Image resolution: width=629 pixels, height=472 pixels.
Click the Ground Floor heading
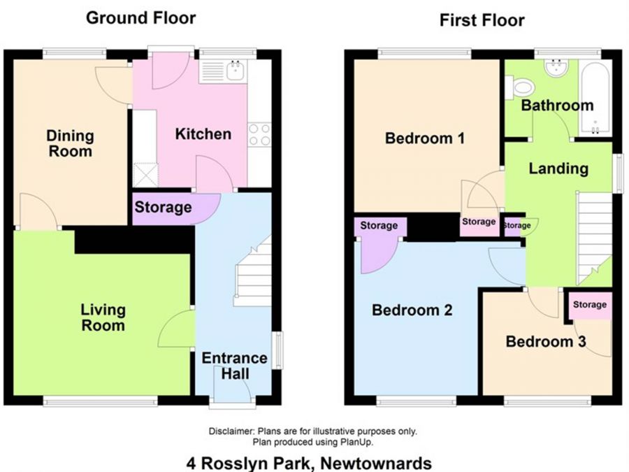(140, 18)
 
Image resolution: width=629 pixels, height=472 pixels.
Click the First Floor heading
(482, 20)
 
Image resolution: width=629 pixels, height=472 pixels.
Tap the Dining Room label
(70, 143)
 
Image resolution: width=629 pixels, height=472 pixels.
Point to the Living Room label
(103, 317)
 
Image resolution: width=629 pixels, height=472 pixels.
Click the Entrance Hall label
(235, 366)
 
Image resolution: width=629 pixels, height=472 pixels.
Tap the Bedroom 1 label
(425, 138)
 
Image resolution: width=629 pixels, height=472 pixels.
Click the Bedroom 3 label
(546, 341)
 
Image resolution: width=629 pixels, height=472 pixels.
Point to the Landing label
(558, 169)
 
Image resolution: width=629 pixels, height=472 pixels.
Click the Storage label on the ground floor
(163, 207)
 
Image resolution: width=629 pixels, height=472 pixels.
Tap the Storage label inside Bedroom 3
(590, 305)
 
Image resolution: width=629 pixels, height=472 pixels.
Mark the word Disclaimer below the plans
(232, 431)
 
